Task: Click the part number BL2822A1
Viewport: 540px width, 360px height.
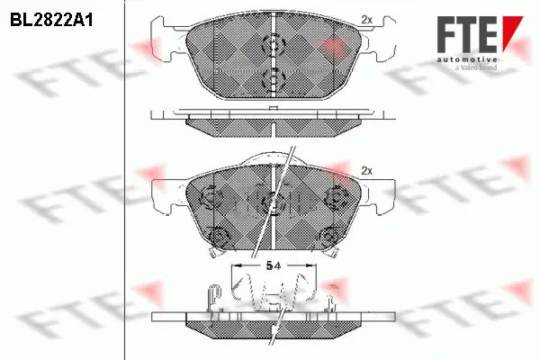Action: pos(51,21)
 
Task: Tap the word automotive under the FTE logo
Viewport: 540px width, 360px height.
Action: pos(467,59)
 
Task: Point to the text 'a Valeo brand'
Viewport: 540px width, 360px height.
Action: pos(476,67)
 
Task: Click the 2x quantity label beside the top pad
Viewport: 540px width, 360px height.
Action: pos(367,20)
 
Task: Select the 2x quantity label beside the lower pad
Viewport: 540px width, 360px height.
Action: pos(367,170)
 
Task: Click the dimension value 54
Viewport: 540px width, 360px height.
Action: pos(274,265)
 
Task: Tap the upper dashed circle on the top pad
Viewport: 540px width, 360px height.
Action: pos(274,44)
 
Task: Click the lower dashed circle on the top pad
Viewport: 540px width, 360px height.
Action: pos(274,78)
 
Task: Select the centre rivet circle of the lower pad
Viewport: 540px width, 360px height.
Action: pos(272,202)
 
